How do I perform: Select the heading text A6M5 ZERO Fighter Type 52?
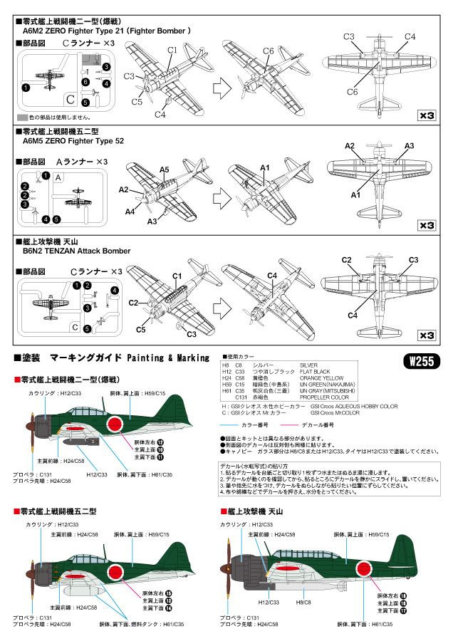(x=75, y=141)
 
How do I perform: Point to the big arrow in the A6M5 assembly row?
(x=215, y=194)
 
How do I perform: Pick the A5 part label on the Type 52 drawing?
(x=164, y=170)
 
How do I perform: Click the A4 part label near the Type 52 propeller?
(x=130, y=212)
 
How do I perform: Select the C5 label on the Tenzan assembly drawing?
(x=141, y=330)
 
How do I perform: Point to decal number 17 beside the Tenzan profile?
(x=403, y=610)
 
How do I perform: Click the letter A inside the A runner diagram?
(x=59, y=178)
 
